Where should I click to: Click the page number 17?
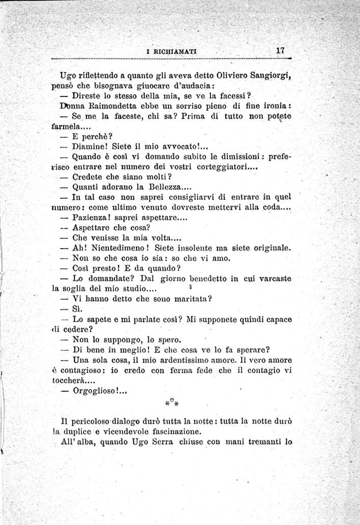(x=280, y=50)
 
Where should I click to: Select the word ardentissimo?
(x=194, y=360)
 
